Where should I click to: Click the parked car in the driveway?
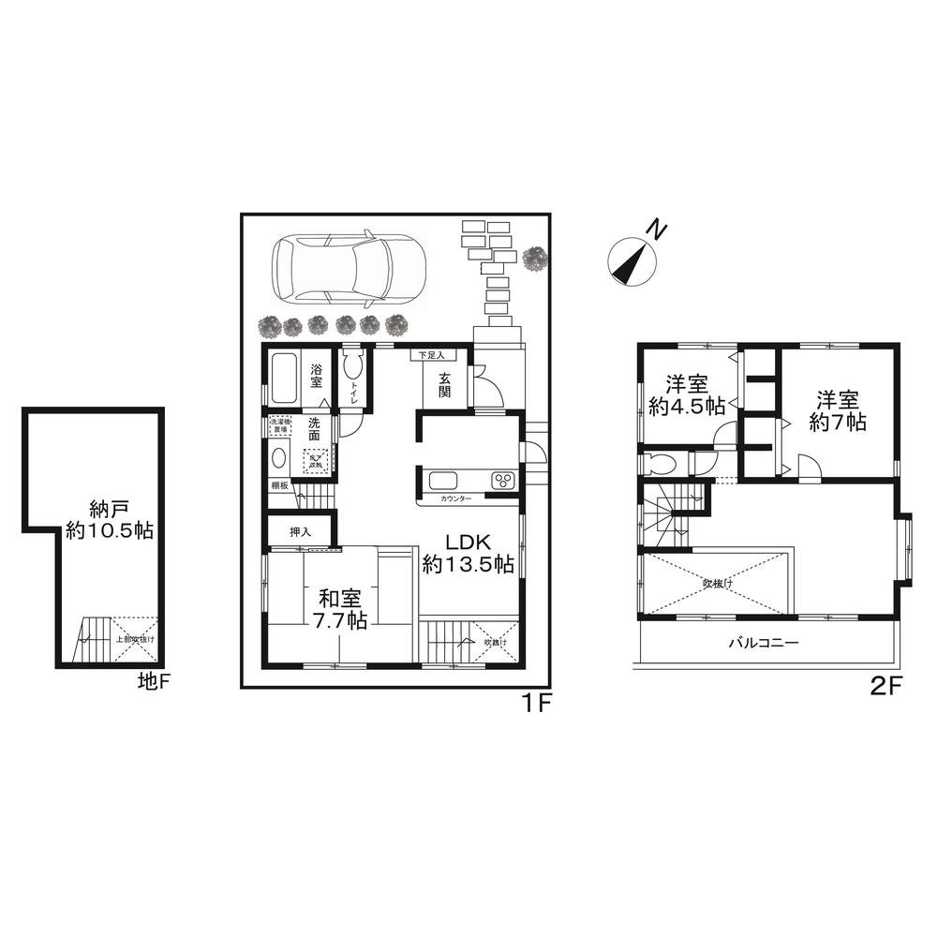[348, 269]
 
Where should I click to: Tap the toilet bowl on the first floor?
[352, 366]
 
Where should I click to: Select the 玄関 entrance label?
[443, 384]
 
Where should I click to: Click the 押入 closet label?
[300, 531]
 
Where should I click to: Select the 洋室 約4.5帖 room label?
[686, 394]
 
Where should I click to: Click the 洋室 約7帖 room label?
[837, 409]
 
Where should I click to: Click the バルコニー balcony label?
[764, 644]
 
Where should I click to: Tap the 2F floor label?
[885, 686]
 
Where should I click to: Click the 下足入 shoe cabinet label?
[431, 356]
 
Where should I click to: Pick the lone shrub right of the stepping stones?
[536, 258]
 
